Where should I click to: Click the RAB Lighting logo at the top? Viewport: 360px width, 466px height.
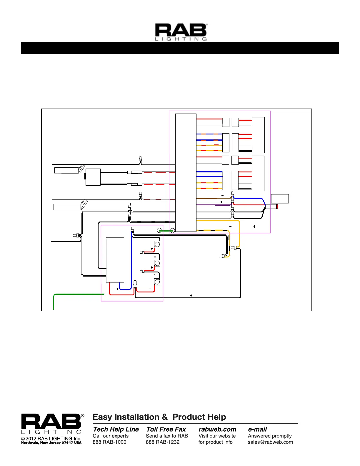tap(181, 32)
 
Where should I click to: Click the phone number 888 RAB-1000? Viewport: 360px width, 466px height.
tap(109, 442)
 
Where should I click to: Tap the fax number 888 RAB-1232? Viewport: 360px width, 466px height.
tap(162, 442)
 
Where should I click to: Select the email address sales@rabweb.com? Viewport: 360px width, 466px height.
tap(270, 442)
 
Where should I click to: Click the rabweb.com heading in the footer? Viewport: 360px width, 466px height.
tap(217, 430)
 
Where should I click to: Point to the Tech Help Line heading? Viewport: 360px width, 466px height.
tap(116, 430)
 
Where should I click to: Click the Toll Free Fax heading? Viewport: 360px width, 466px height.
tap(166, 430)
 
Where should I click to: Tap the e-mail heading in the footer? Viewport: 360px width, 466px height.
tap(257, 430)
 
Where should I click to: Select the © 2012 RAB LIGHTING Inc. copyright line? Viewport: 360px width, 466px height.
tap(51, 438)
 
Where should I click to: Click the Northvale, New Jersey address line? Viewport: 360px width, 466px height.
tap(51, 442)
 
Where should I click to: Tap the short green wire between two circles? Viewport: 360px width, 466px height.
tap(166, 231)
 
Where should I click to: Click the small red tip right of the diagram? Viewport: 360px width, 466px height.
tap(277, 207)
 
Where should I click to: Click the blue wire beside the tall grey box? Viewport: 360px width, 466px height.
tap(131, 259)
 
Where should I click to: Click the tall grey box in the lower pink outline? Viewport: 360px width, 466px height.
tap(115, 259)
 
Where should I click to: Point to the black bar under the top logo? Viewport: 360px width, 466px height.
tap(180, 48)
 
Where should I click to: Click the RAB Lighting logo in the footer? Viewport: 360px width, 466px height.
tap(52, 424)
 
